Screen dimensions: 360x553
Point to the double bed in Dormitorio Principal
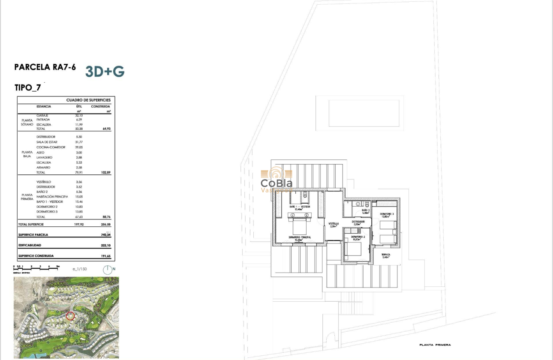click(299, 225)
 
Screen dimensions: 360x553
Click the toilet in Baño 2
click(367, 204)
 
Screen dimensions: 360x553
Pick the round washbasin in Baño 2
click(357, 204)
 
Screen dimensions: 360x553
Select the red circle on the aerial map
click(71, 316)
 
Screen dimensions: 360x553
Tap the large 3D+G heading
click(105, 72)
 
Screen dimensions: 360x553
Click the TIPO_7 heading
click(27, 88)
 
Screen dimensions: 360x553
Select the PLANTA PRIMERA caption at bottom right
click(435, 345)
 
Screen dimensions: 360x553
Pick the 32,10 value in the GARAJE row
click(78, 115)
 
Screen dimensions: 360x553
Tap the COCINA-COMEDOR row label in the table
click(51, 147)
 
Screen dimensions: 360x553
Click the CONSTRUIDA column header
click(100, 106)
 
